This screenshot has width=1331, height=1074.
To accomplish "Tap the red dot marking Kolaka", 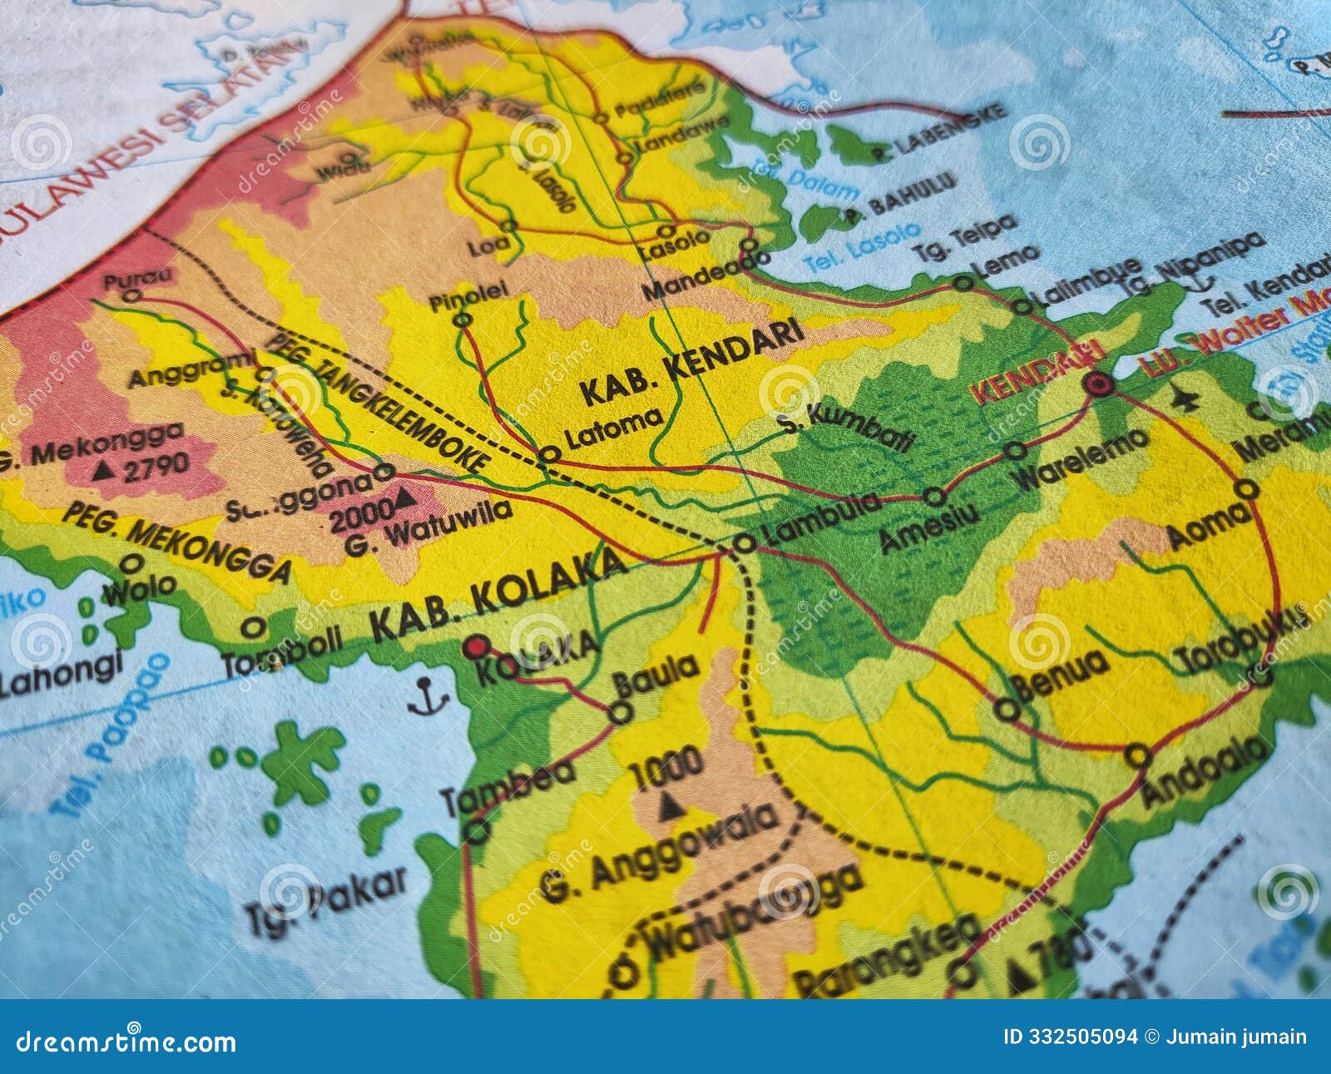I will click(477, 646).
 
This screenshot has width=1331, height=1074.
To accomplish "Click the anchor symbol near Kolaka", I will click(428, 697).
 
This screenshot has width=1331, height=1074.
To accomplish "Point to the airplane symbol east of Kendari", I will click(1185, 399).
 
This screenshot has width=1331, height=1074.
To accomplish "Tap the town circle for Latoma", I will click(549, 454).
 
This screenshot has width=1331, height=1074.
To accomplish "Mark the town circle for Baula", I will click(621, 712).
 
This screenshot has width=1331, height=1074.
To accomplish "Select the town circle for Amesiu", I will click(934, 497).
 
